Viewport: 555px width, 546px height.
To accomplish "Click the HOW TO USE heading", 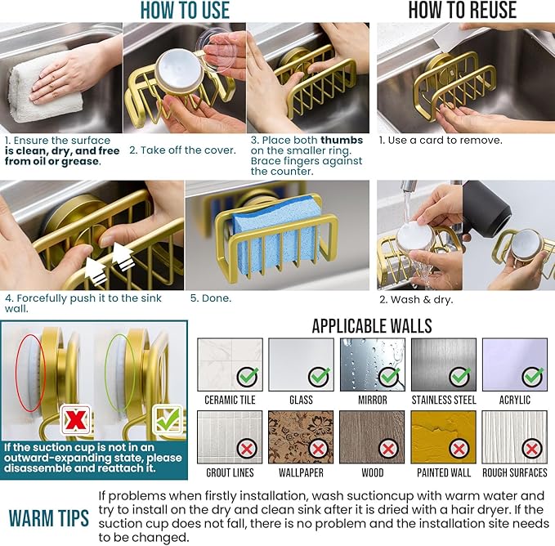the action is (185, 10).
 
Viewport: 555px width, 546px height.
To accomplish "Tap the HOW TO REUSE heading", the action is (463, 10).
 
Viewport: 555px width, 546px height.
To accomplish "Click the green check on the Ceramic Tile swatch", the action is (247, 377).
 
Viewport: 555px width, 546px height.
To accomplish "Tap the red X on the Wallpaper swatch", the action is (318, 449).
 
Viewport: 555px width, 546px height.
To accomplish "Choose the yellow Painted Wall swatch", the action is (443, 437).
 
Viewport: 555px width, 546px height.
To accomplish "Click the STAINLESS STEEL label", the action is (444, 401).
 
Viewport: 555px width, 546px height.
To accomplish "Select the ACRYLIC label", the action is (515, 401).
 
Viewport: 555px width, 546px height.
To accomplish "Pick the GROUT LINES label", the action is (230, 472).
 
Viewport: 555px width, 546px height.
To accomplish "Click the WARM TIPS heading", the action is (49, 518).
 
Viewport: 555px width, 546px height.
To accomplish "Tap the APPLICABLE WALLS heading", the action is (372, 326).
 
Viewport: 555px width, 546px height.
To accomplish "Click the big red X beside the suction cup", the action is (75, 420).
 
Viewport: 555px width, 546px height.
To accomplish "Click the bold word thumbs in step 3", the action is (342, 140).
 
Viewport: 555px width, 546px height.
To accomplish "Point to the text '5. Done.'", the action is (211, 298).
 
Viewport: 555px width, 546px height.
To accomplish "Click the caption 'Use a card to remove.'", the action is (445, 141).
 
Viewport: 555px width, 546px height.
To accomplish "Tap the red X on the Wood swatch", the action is (388, 450).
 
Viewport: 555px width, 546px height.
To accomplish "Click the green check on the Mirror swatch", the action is (389, 377).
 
